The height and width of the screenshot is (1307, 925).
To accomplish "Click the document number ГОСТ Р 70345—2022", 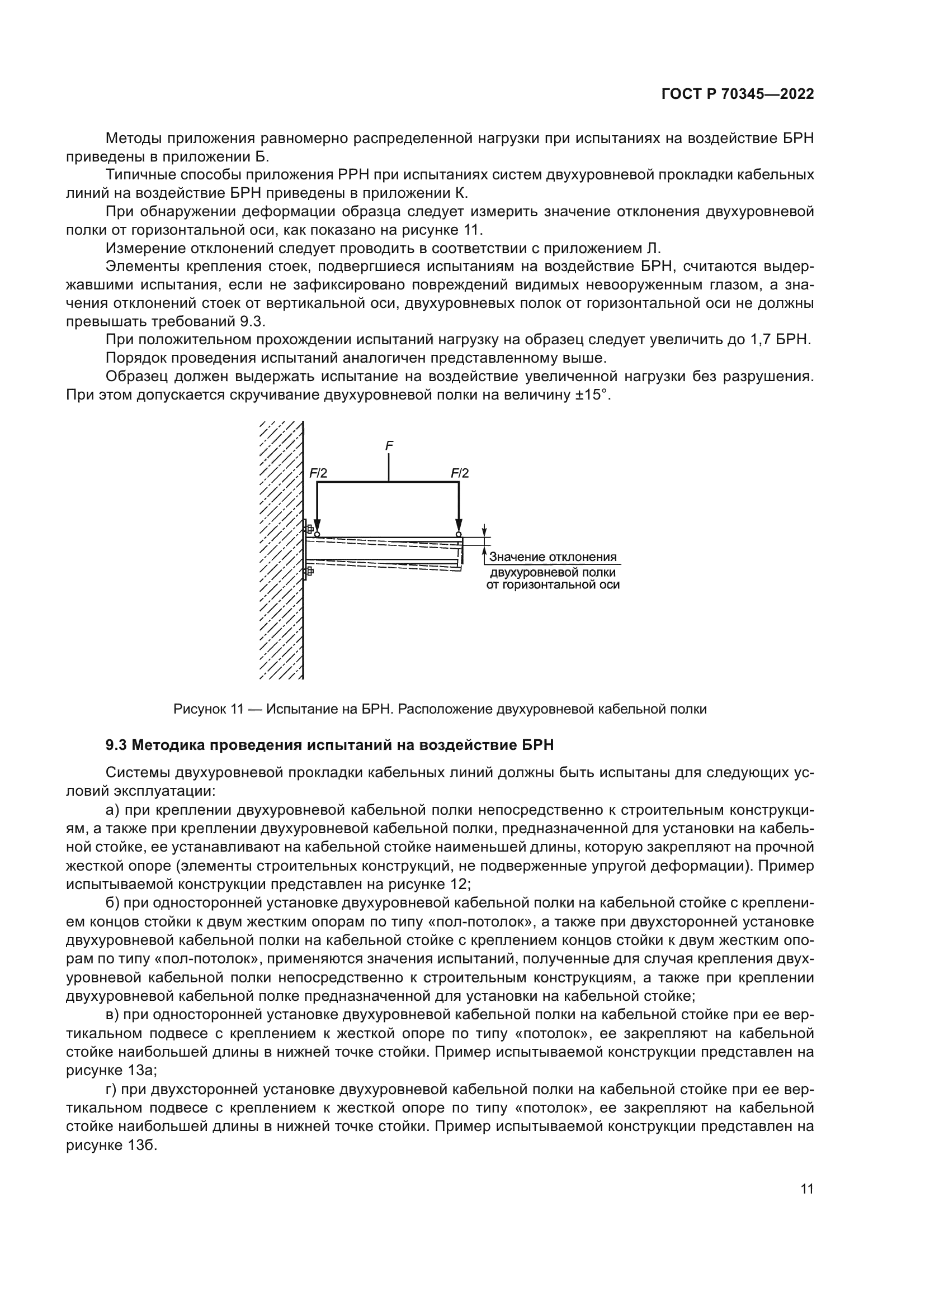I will click(x=737, y=94).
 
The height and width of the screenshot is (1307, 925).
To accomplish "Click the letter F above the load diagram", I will click(x=389, y=446).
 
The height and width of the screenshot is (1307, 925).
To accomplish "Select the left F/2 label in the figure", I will click(x=318, y=473).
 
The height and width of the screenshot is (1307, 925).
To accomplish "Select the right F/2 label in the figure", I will click(x=460, y=473).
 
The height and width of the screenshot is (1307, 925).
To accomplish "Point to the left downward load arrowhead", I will click(x=317, y=526).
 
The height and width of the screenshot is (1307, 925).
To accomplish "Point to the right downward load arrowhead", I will click(x=458, y=526).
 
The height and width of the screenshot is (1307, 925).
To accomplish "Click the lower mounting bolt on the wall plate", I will click(x=309, y=571).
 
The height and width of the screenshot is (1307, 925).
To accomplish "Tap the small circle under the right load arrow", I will click(x=458, y=535).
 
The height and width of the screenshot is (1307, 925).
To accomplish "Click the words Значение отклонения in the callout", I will click(x=553, y=557).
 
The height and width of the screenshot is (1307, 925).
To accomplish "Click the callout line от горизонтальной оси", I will click(x=553, y=584).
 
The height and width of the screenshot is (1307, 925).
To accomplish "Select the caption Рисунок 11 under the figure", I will click(x=209, y=709).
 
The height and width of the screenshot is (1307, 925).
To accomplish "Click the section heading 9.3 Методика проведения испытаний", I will click(x=330, y=745).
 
